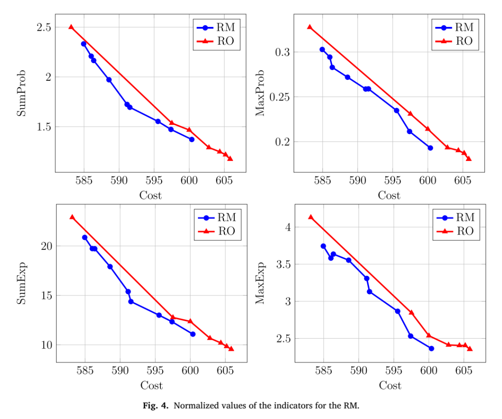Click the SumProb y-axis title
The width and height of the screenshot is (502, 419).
click(x=21, y=93)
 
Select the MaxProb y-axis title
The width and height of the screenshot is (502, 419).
click(x=260, y=93)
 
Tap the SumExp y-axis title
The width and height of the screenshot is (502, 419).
click(x=21, y=284)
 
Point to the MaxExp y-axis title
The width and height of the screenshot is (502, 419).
click(x=260, y=283)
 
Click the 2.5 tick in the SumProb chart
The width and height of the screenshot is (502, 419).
click(x=44, y=27)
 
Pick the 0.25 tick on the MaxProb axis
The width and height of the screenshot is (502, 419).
click(x=279, y=97)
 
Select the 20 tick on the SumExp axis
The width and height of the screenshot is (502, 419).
click(x=46, y=246)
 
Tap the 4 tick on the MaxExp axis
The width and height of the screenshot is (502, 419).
click(x=288, y=227)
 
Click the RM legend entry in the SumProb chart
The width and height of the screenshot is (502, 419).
click(x=216, y=27)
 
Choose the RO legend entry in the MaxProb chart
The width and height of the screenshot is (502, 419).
click(x=455, y=41)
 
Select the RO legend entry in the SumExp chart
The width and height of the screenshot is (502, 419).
click(x=217, y=231)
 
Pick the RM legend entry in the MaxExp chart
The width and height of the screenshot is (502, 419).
click(x=456, y=218)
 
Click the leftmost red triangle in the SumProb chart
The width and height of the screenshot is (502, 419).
click(x=71, y=27)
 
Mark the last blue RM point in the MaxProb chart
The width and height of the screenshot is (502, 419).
click(x=430, y=148)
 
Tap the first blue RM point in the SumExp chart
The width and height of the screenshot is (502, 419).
click(x=85, y=238)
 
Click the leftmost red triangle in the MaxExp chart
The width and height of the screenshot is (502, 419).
click(x=310, y=217)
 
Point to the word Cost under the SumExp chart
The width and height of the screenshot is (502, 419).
click(x=152, y=386)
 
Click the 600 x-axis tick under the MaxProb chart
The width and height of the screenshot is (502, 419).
click(x=428, y=180)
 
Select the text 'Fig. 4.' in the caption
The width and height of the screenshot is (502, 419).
click(x=156, y=406)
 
